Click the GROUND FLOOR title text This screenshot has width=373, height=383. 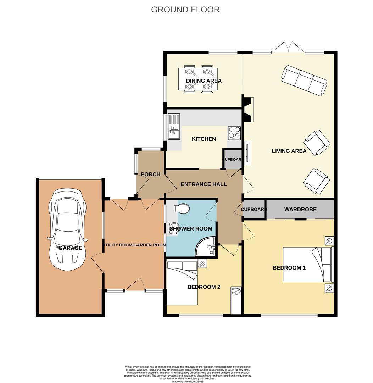[x=185, y=10]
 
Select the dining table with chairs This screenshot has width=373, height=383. [x=198, y=79]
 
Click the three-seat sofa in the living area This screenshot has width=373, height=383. [x=304, y=80]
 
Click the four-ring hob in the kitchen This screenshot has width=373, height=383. [x=234, y=133]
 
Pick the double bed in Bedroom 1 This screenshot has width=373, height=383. [x=308, y=265]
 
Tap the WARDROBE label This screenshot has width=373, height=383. [x=300, y=210]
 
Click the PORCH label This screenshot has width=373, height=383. [x=150, y=174]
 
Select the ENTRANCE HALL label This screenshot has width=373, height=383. [x=204, y=184]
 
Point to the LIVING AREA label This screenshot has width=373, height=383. [x=289, y=151]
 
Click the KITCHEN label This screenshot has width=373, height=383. [x=204, y=139]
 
